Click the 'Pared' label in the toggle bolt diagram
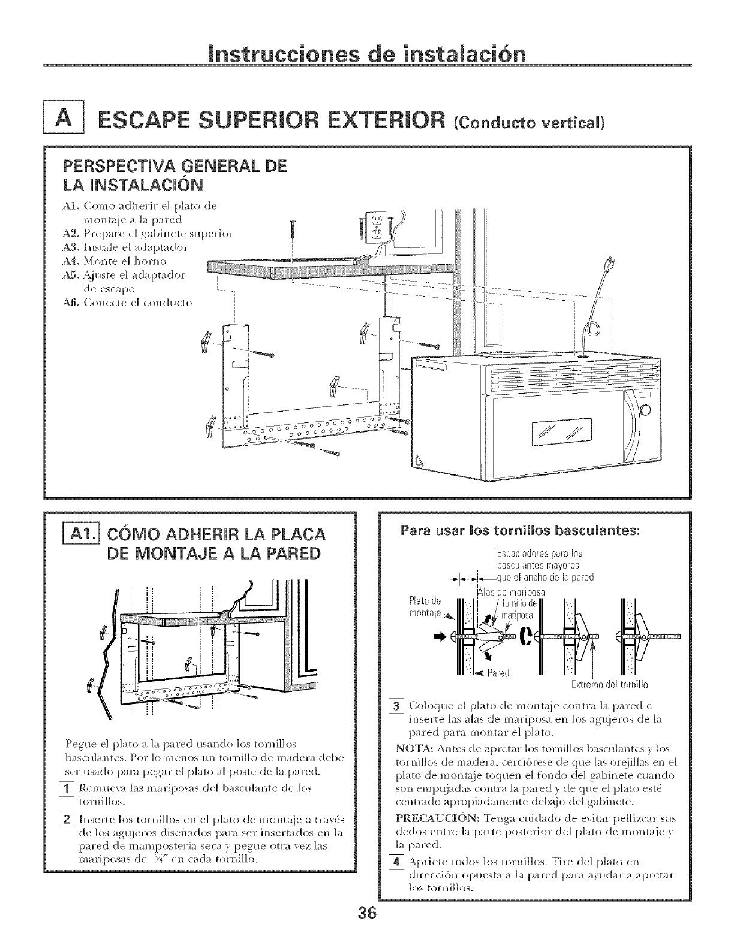(x=497, y=672)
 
